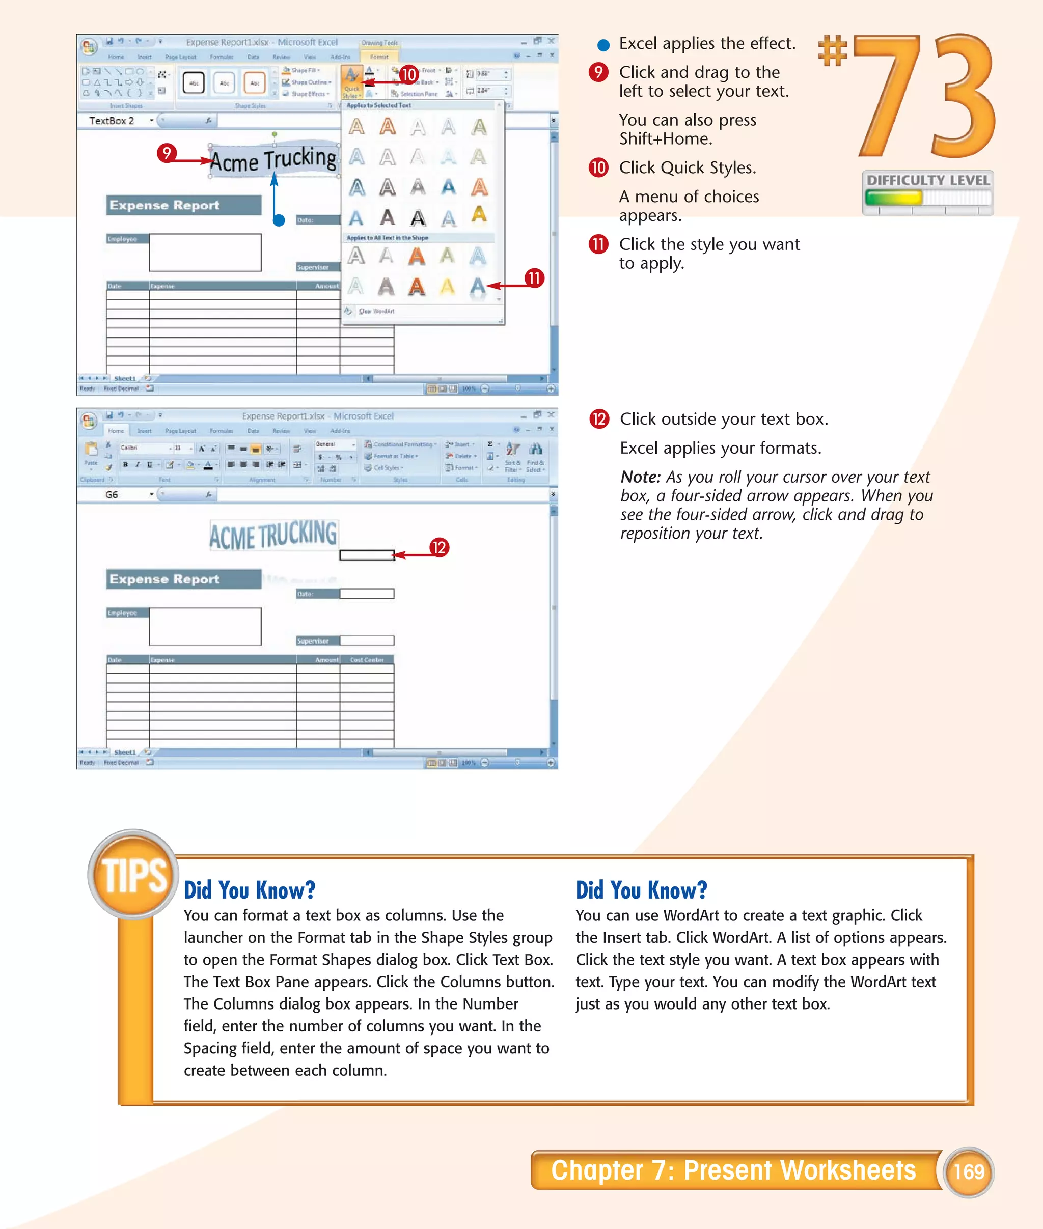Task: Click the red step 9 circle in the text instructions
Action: pos(598,72)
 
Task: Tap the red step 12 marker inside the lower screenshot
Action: pos(438,547)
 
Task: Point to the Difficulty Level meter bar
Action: pos(927,198)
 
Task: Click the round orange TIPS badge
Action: pos(133,874)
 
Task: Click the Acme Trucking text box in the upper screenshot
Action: pos(273,160)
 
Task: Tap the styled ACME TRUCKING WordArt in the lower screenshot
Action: pos(273,535)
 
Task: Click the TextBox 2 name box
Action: pos(113,121)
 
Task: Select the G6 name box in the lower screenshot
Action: pos(113,494)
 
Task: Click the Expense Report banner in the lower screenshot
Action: pos(183,579)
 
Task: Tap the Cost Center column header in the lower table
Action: pos(367,660)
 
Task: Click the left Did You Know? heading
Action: pos(250,890)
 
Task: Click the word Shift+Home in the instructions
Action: pos(665,139)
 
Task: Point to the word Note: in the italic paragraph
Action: pos(640,477)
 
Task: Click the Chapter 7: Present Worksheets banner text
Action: pos(733,1170)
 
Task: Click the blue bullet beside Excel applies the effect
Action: pos(603,45)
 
